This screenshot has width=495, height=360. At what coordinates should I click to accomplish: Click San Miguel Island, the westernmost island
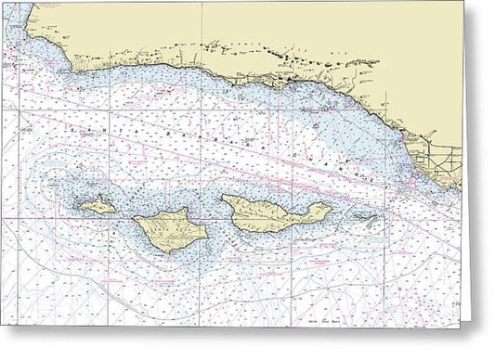pyautogui.click(x=97, y=205)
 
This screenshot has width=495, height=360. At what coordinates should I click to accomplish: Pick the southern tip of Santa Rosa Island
pyautogui.click(x=168, y=253)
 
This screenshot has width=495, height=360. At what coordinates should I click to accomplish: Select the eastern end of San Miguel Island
pyautogui.click(x=117, y=206)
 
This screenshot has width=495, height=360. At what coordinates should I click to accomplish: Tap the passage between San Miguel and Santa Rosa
pyautogui.click(x=127, y=212)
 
